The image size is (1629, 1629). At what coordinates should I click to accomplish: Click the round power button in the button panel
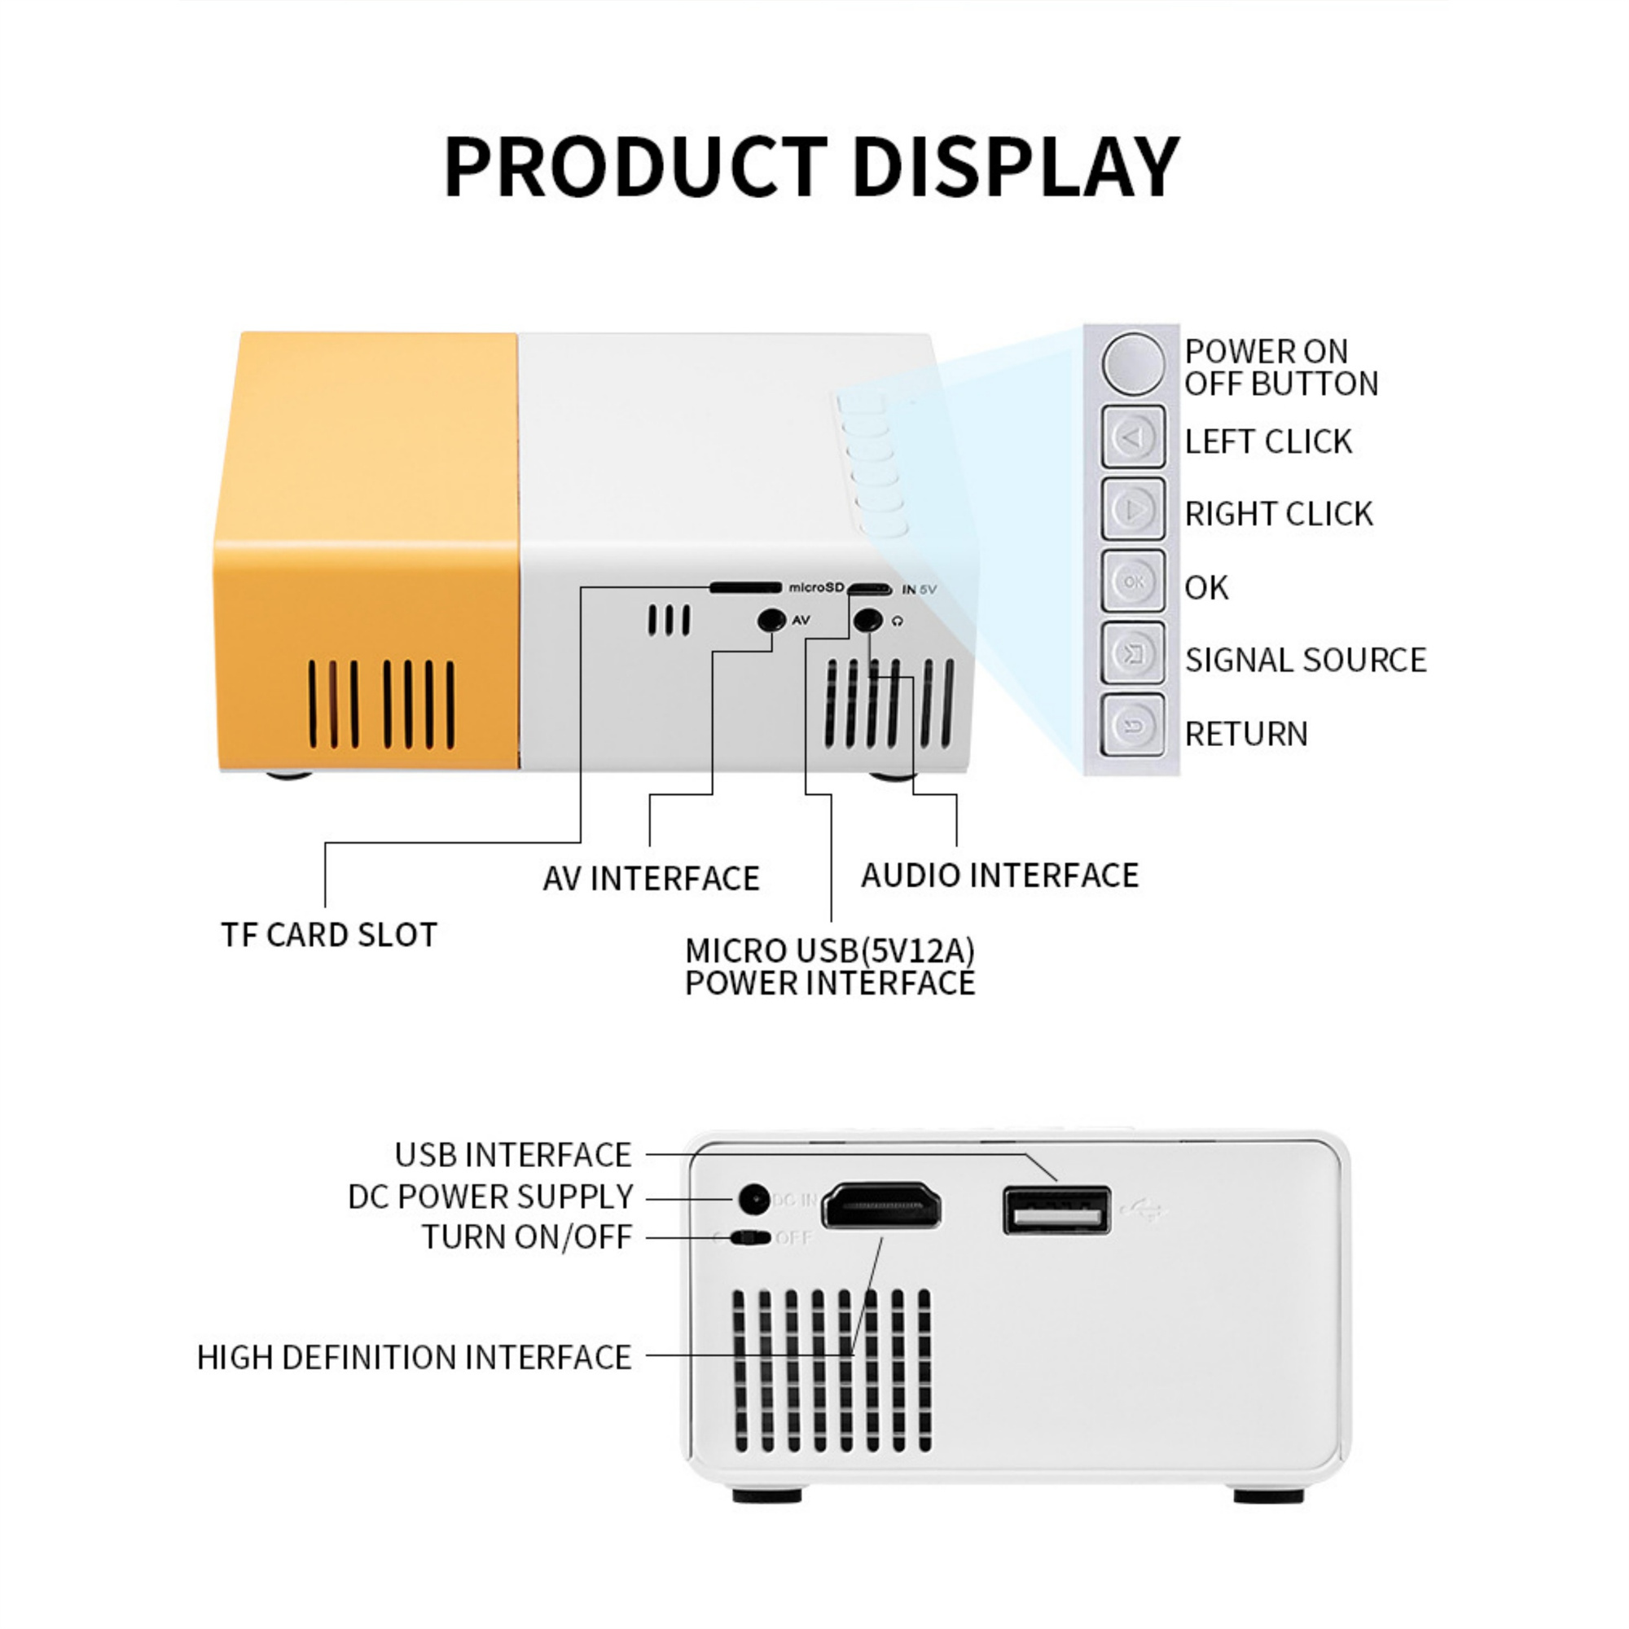pos(1132,363)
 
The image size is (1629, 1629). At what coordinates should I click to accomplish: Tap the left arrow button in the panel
pos(1133,437)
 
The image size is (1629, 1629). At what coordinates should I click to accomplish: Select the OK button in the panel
pos(1133,581)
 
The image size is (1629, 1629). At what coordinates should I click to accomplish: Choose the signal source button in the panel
pos(1133,653)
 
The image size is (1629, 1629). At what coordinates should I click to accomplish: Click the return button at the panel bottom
pos(1133,725)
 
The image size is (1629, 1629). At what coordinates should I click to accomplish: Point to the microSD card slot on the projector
pos(745,586)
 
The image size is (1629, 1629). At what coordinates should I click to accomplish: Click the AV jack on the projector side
pos(771,621)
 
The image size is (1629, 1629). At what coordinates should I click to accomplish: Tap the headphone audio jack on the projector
pos(867,621)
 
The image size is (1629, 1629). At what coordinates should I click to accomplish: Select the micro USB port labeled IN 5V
pos(869,589)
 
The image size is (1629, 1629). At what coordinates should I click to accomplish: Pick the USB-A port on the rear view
pos(1056,1211)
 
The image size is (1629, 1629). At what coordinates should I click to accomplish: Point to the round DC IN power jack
pos(753,1199)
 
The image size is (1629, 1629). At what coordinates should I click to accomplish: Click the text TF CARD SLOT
pos(329,935)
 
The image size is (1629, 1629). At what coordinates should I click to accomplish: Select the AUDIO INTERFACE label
pos(999,876)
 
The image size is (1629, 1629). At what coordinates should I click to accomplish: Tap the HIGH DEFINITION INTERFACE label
pos(414,1358)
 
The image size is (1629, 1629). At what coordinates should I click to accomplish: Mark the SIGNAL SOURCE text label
pos(1305,660)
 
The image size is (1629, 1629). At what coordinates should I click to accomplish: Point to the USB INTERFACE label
pos(512,1155)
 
